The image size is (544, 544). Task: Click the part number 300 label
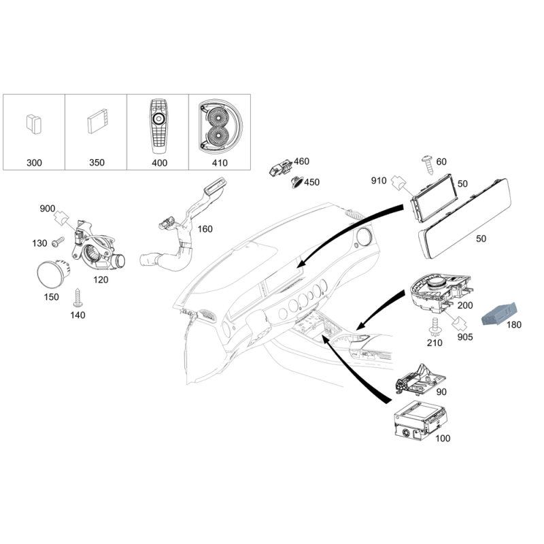pyautogui.click(x=35, y=164)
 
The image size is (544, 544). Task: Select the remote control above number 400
pyautogui.click(x=158, y=126)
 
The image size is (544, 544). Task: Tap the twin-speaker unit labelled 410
pyautogui.click(x=219, y=127)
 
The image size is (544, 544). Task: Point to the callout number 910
pyautogui.click(x=379, y=181)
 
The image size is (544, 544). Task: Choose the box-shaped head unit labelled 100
pyautogui.click(x=415, y=424)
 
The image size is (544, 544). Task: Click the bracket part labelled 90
pyautogui.click(x=418, y=384)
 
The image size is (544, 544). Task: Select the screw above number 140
pyautogui.click(x=77, y=297)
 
